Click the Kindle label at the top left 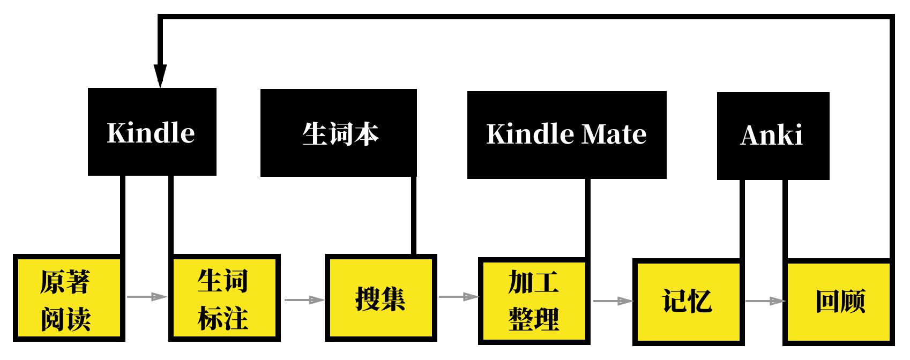point(151,133)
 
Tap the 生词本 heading point(340,134)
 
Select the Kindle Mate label point(566,134)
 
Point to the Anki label point(771,135)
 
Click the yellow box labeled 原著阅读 point(69,298)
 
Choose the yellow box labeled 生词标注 point(225,298)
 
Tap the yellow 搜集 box point(381,298)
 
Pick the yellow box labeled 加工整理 point(534,301)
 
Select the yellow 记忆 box point(689,302)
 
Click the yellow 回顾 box point(839,302)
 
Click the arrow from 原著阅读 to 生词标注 point(147,297)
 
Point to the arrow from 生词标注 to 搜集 point(304,300)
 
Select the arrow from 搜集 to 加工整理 point(459,297)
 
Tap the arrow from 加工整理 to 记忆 point(613,301)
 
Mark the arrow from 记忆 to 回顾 point(765,301)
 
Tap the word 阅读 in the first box point(66,319)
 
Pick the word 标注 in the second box point(223,318)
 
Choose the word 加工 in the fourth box point(534,282)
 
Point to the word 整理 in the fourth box point(534,319)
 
